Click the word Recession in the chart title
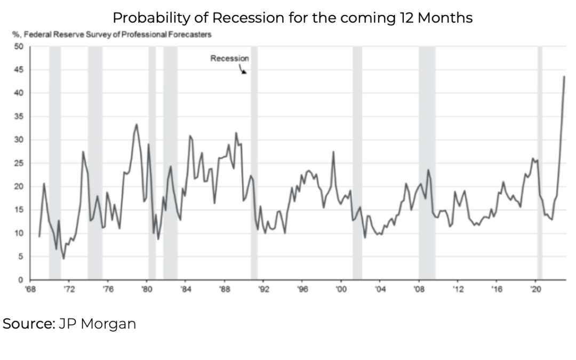point(246,18)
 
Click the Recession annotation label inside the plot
point(229,59)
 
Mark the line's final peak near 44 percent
point(564,77)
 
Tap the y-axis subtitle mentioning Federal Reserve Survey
point(111,35)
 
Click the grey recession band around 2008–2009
point(427,160)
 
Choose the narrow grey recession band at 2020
point(540,160)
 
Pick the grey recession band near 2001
point(357,160)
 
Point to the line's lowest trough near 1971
point(63,259)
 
